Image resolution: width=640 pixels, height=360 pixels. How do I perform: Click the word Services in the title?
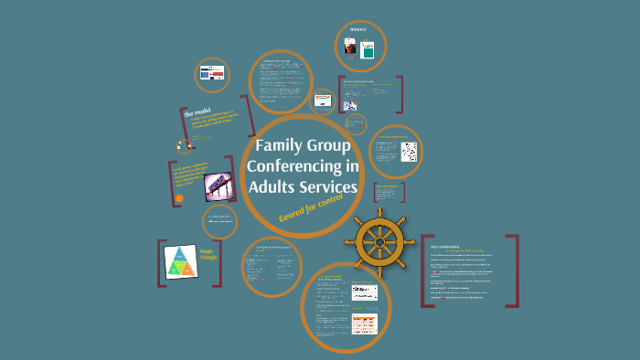point(330,188)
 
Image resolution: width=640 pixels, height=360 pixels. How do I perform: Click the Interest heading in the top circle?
point(357,29)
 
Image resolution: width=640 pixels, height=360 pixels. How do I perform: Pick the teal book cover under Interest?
point(368,52)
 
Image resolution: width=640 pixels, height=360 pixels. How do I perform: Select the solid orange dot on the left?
point(179,197)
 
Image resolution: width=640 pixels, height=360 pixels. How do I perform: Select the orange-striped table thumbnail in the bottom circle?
point(364,323)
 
